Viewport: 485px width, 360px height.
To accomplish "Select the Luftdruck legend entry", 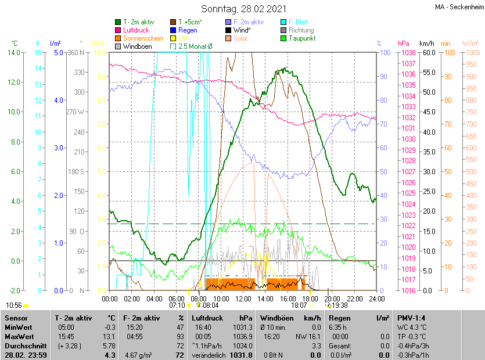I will (136, 30).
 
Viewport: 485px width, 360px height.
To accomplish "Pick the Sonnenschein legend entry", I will (142, 38).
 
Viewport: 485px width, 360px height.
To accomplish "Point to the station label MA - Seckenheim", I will (458, 6).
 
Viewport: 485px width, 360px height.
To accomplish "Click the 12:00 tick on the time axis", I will (243, 299).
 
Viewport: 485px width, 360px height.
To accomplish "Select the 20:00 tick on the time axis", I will (332, 299).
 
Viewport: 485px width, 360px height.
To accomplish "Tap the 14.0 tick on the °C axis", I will (13, 53).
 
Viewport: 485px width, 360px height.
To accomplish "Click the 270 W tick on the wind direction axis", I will (76, 112).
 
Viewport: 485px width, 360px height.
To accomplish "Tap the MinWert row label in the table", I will (18, 327).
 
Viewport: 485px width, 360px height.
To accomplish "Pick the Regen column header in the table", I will (339, 318).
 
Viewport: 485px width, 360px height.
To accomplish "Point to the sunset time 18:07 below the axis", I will (299, 305).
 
